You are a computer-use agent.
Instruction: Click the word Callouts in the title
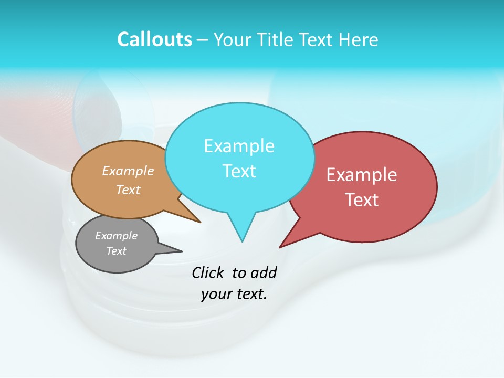coord(155,39)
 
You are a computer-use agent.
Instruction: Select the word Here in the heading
coord(360,39)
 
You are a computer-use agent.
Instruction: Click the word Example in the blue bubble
coord(239,146)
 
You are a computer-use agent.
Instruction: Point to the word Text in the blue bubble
coord(239,171)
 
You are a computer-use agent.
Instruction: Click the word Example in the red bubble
coord(362,175)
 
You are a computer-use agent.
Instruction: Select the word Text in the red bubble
coord(362,200)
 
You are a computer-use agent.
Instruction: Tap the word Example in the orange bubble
coord(128,171)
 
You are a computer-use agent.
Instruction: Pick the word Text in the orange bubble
coord(128,190)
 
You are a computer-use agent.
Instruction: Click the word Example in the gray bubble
coord(116,236)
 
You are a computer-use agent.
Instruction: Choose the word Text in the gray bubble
coord(116,251)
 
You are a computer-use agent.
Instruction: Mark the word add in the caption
coord(264,273)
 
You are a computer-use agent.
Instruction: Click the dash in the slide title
coord(203,40)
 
